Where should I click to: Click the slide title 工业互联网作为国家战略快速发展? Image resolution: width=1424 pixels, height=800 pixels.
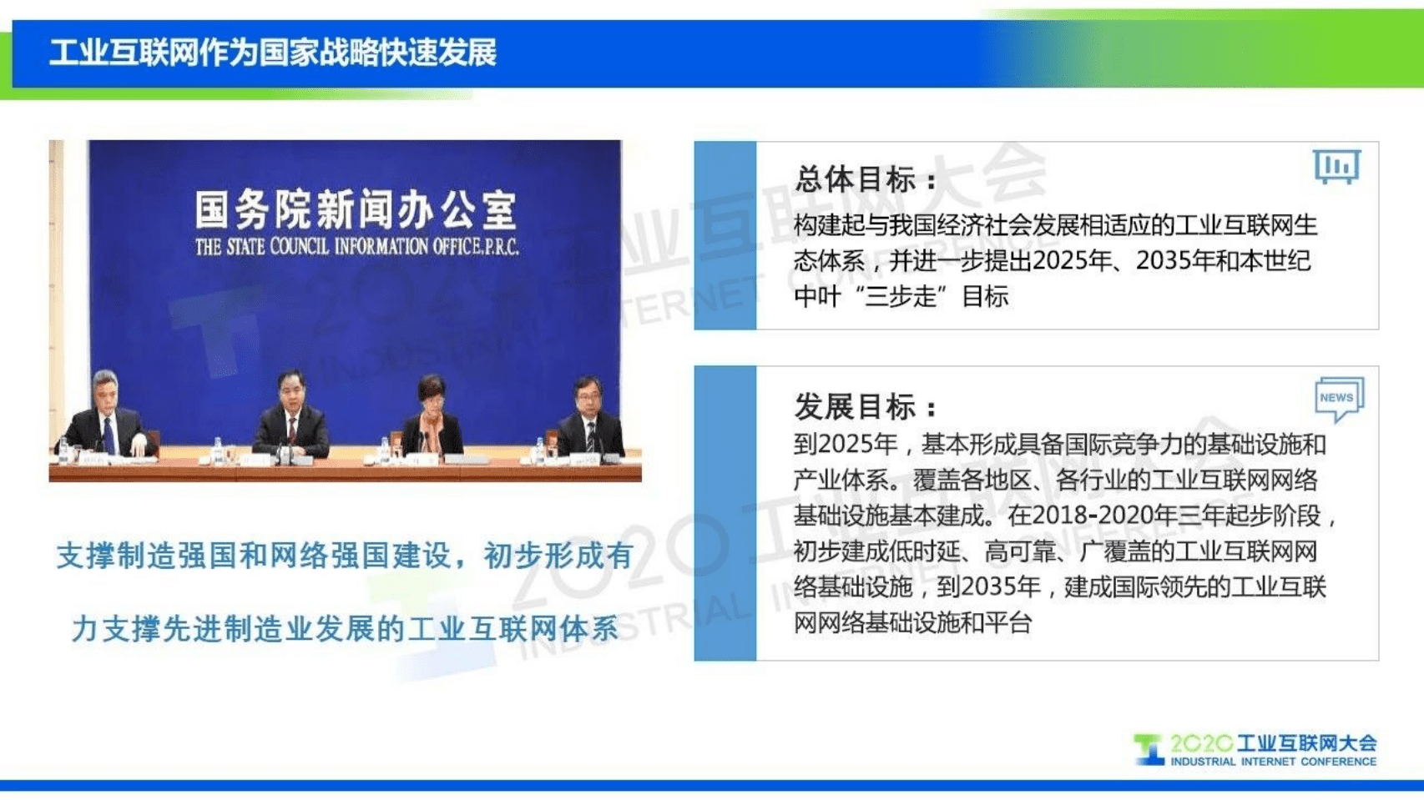click(272, 53)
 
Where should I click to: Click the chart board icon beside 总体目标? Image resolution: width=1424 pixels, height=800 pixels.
click(1336, 166)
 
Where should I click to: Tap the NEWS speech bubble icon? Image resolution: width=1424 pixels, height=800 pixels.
click(1339, 398)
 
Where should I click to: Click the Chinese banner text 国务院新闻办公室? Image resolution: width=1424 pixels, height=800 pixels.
click(356, 209)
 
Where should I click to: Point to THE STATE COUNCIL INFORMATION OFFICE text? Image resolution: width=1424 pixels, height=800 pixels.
click(356, 247)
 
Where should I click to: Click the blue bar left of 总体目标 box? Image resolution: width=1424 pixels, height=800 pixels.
click(725, 235)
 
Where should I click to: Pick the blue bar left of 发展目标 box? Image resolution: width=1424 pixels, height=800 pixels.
click(725, 512)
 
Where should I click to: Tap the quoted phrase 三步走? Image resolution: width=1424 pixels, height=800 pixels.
click(901, 296)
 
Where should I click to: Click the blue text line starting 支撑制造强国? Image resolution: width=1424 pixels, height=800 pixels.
click(345, 556)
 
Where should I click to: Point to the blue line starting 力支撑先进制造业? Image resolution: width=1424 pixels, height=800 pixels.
click(345, 629)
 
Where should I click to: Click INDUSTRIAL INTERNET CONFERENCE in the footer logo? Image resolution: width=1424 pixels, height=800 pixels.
click(1273, 762)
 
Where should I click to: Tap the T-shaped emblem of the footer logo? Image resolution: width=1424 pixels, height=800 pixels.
click(1149, 748)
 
